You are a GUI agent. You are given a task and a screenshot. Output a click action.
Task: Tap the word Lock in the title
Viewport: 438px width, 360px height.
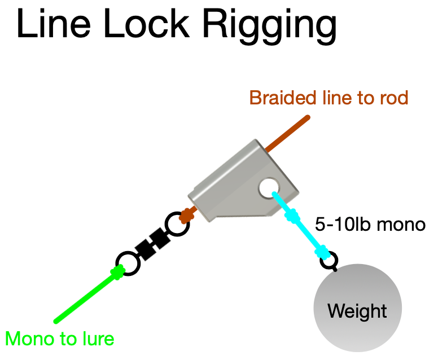pyautogui.click(x=141, y=25)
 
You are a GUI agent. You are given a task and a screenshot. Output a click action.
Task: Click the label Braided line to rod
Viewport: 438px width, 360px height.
pyautogui.click(x=328, y=98)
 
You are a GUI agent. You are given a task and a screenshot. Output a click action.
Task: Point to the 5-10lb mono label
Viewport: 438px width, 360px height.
pyautogui.click(x=370, y=225)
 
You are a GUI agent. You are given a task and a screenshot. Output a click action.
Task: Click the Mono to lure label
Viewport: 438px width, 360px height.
pyautogui.click(x=60, y=339)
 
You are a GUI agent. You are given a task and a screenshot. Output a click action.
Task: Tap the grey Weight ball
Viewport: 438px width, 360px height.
pyautogui.click(x=357, y=310)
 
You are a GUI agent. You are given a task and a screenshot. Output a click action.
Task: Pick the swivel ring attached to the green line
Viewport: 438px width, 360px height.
pyautogui.click(x=128, y=264)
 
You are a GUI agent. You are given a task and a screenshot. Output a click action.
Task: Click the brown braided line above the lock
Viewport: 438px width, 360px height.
pyautogui.click(x=288, y=134)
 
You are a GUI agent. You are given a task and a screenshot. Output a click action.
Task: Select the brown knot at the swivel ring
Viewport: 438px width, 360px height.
pyautogui.click(x=186, y=215)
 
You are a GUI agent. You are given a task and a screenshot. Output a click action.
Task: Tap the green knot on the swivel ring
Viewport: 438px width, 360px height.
pyautogui.click(x=117, y=273)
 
